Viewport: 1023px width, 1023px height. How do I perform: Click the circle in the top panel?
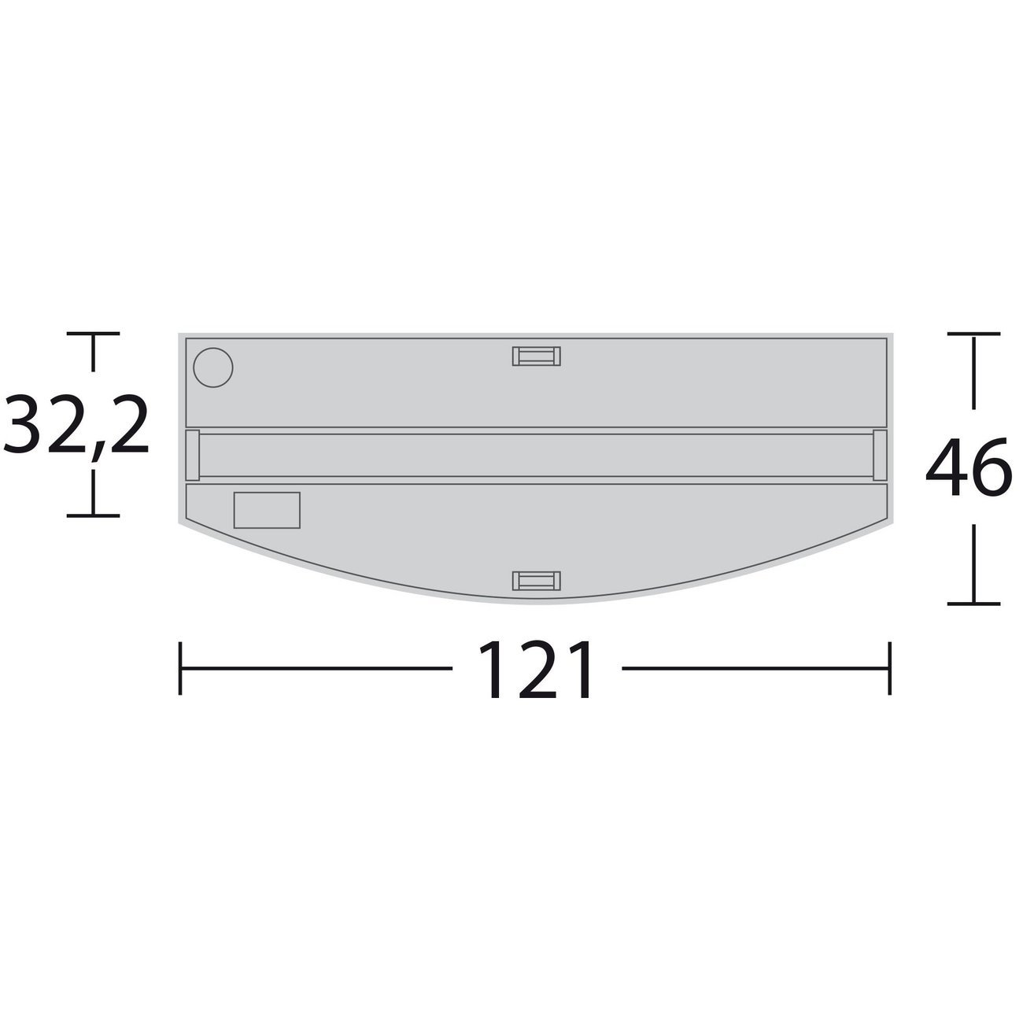(213, 367)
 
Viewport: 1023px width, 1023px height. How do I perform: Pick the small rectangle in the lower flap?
(267, 510)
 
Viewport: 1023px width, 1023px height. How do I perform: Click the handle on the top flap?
(536, 356)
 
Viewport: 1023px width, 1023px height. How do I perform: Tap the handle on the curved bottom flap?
(536, 581)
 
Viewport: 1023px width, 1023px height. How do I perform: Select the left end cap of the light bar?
(192, 455)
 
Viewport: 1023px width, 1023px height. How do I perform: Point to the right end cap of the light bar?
(880, 455)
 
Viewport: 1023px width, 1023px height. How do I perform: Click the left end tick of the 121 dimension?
(181, 669)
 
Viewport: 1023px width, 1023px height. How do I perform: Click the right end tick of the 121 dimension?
(890, 669)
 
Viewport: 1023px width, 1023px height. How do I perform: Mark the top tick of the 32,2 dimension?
(94, 334)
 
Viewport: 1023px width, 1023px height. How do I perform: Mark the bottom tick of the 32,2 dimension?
(94, 515)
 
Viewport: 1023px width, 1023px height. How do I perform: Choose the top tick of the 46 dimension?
(974, 334)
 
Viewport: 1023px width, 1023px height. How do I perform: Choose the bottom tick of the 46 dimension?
(974, 604)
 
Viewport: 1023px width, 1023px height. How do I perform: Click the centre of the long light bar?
(536, 455)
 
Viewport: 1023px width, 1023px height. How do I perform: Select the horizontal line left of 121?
(315, 669)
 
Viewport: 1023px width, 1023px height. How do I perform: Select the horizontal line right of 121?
(755, 669)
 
